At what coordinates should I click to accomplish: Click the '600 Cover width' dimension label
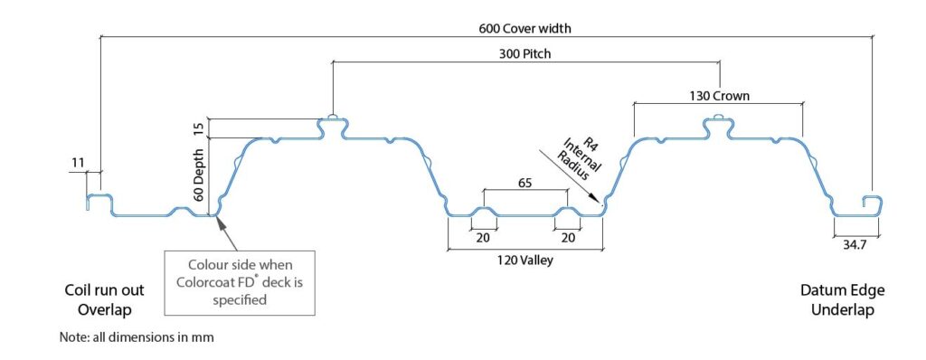pos(525,28)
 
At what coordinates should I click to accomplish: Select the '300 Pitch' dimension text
pos(525,53)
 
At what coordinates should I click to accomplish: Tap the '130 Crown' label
pos(719,95)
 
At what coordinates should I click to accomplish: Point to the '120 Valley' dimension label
pos(524,260)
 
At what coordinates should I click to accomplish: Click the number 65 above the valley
pos(524,183)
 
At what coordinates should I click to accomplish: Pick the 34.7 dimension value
pos(854,244)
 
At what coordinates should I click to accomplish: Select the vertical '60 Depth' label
pos(199,175)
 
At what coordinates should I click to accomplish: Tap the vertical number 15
pos(199,128)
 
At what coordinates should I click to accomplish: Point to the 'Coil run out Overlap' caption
pos(104,299)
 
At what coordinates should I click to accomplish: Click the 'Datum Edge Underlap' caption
pos(843,299)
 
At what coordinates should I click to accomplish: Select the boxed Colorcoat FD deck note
pos(240,282)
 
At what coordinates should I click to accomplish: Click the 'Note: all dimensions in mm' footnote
pos(137,337)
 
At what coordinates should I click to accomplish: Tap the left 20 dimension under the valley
pos(484,238)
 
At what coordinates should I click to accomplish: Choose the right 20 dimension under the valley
pos(568,238)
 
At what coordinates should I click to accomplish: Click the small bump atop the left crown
pos(333,117)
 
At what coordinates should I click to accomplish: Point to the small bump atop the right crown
pos(719,117)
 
